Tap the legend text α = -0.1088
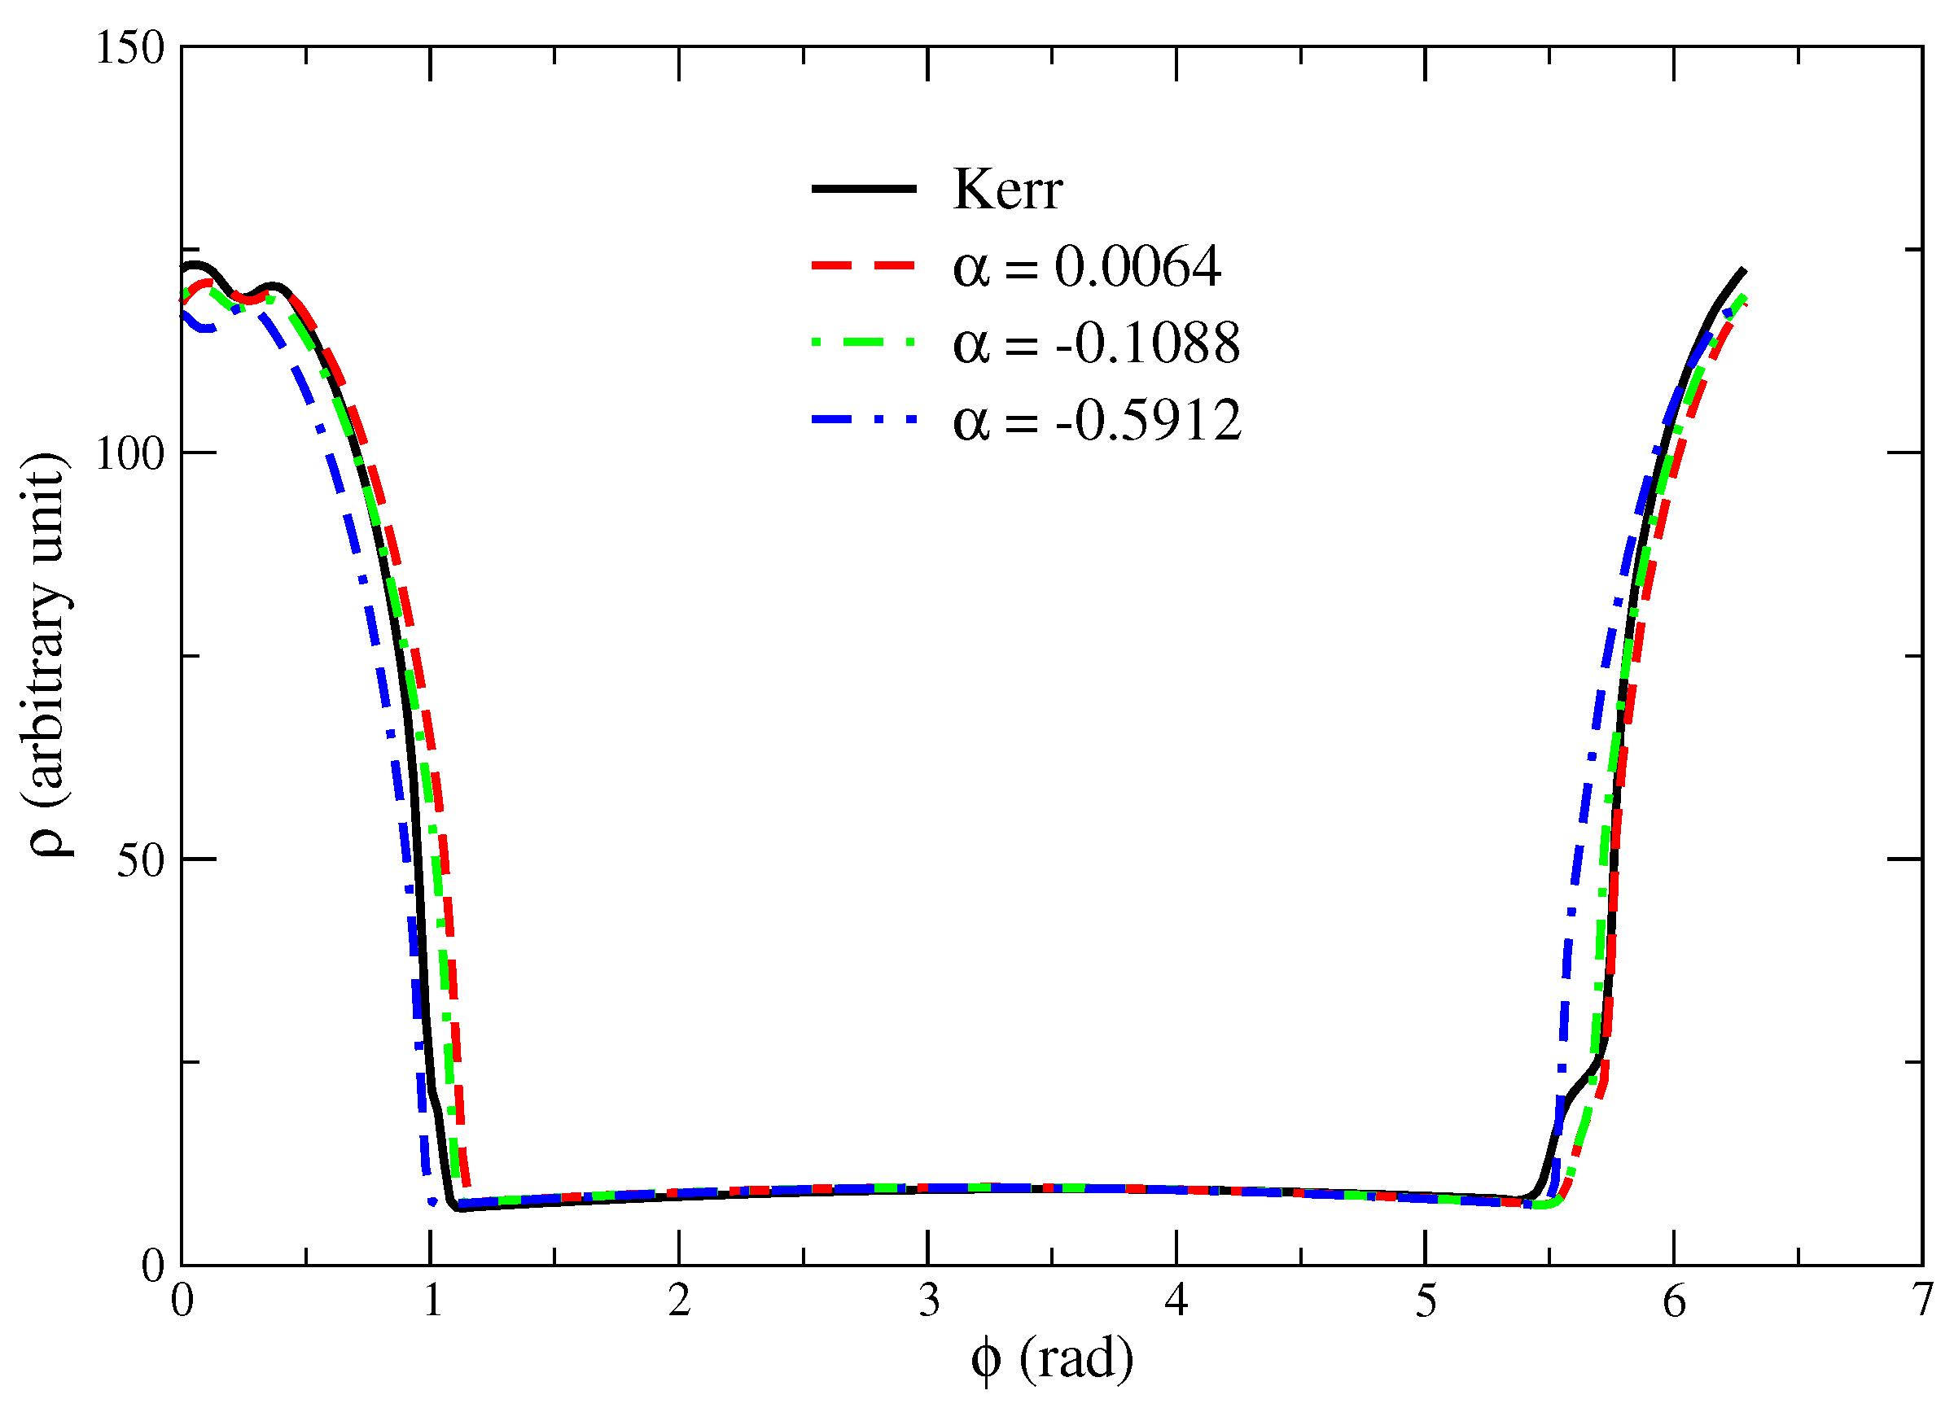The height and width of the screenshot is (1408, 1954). [x=1095, y=343]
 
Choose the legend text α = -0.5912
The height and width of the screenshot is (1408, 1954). [x=1096, y=420]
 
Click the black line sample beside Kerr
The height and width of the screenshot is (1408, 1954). [x=863, y=189]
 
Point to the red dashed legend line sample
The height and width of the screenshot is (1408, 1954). [x=863, y=266]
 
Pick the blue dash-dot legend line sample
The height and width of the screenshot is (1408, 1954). [x=863, y=420]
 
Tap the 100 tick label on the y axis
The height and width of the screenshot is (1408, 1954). [x=129, y=453]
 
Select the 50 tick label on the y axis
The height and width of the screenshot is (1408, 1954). [x=140, y=859]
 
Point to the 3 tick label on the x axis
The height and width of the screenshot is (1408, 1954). [x=928, y=1301]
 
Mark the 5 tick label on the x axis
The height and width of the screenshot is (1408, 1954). [x=1426, y=1301]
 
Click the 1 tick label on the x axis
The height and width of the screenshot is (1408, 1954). [x=432, y=1301]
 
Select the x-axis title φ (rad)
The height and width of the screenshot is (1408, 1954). [x=1051, y=1361]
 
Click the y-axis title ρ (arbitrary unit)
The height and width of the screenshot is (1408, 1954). [x=47, y=654]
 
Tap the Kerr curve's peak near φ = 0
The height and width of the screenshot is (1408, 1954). [x=195, y=265]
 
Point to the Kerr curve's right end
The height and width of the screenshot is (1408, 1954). [x=1743, y=270]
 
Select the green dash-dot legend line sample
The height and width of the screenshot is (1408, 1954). [x=863, y=343]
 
